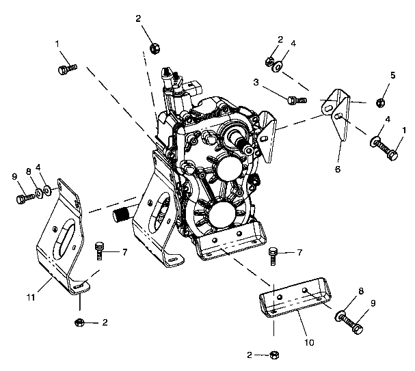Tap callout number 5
tap(393, 74)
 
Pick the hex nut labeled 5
tap(381, 103)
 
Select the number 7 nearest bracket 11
tap(125, 253)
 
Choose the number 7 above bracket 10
tap(298, 253)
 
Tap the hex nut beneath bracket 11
tap(79, 321)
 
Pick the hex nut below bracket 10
tap(274, 355)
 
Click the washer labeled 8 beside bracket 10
tap(340, 316)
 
